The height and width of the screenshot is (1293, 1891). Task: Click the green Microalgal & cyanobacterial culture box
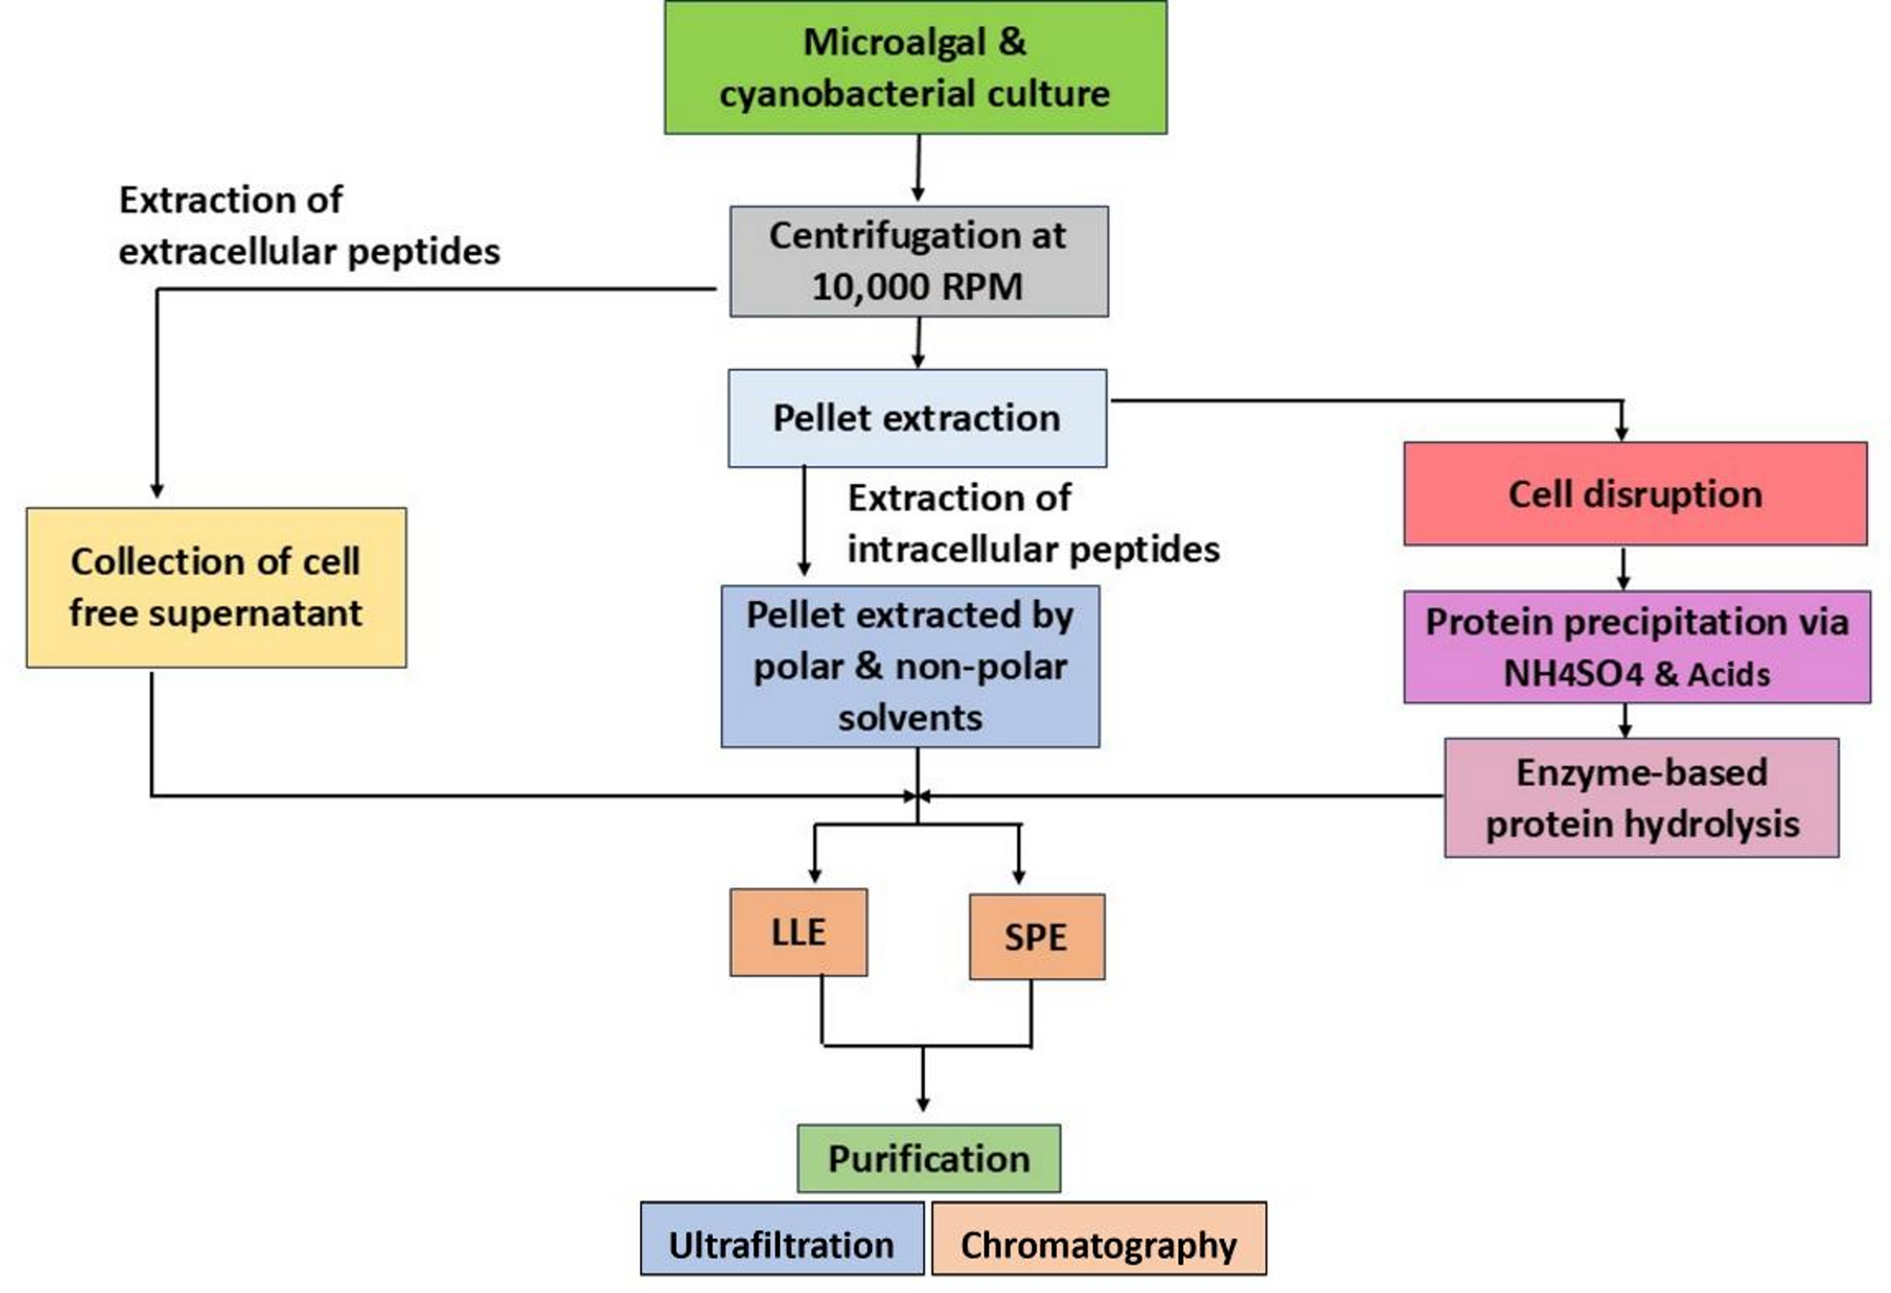[x=915, y=67]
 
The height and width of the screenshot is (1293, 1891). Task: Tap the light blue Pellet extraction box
[x=917, y=418]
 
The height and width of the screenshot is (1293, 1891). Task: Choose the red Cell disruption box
[x=1634, y=494]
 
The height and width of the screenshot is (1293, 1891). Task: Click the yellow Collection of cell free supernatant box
[x=216, y=587]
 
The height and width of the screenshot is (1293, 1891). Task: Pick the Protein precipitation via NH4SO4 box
[x=1636, y=647]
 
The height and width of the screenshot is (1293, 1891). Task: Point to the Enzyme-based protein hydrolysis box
[x=1641, y=797]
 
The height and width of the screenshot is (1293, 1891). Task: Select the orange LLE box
[x=797, y=932]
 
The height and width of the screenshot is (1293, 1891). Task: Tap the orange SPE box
[x=1037, y=937]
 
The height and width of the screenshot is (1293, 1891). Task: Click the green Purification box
[x=928, y=1158]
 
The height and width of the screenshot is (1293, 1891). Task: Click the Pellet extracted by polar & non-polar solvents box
[x=910, y=666]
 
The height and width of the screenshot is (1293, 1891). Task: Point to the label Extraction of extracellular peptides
[x=308, y=225]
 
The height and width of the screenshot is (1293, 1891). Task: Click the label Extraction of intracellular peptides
[x=1032, y=523]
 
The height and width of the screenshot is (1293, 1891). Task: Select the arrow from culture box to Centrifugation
[x=918, y=167]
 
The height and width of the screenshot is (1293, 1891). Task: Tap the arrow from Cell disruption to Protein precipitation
[x=1623, y=568]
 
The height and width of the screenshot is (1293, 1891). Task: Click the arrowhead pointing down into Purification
[x=923, y=1103]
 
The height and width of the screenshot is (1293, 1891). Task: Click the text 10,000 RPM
[x=917, y=287]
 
